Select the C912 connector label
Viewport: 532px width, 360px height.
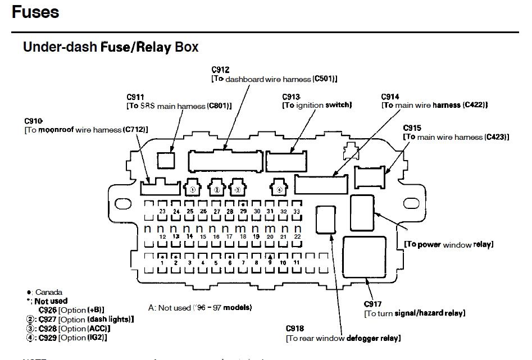click(x=220, y=70)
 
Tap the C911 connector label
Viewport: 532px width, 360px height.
click(x=135, y=97)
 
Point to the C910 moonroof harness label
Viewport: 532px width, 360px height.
click(x=34, y=121)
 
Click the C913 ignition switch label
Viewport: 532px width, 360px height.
click(x=291, y=97)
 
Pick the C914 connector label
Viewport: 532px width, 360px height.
click(x=390, y=97)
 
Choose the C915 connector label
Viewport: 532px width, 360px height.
click(x=412, y=128)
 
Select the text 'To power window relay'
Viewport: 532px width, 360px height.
click(x=448, y=245)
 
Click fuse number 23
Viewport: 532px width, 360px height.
click(x=162, y=211)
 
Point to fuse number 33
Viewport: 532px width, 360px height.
click(x=297, y=211)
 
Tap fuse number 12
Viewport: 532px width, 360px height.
click(x=162, y=237)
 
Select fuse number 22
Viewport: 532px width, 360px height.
click(x=297, y=237)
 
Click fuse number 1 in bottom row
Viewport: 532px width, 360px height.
click(x=162, y=262)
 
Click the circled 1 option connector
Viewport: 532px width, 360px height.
click(x=192, y=189)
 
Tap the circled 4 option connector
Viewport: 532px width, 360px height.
click(x=279, y=189)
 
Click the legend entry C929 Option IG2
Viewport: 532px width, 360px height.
click(x=67, y=338)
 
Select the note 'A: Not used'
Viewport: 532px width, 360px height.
click(x=200, y=308)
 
